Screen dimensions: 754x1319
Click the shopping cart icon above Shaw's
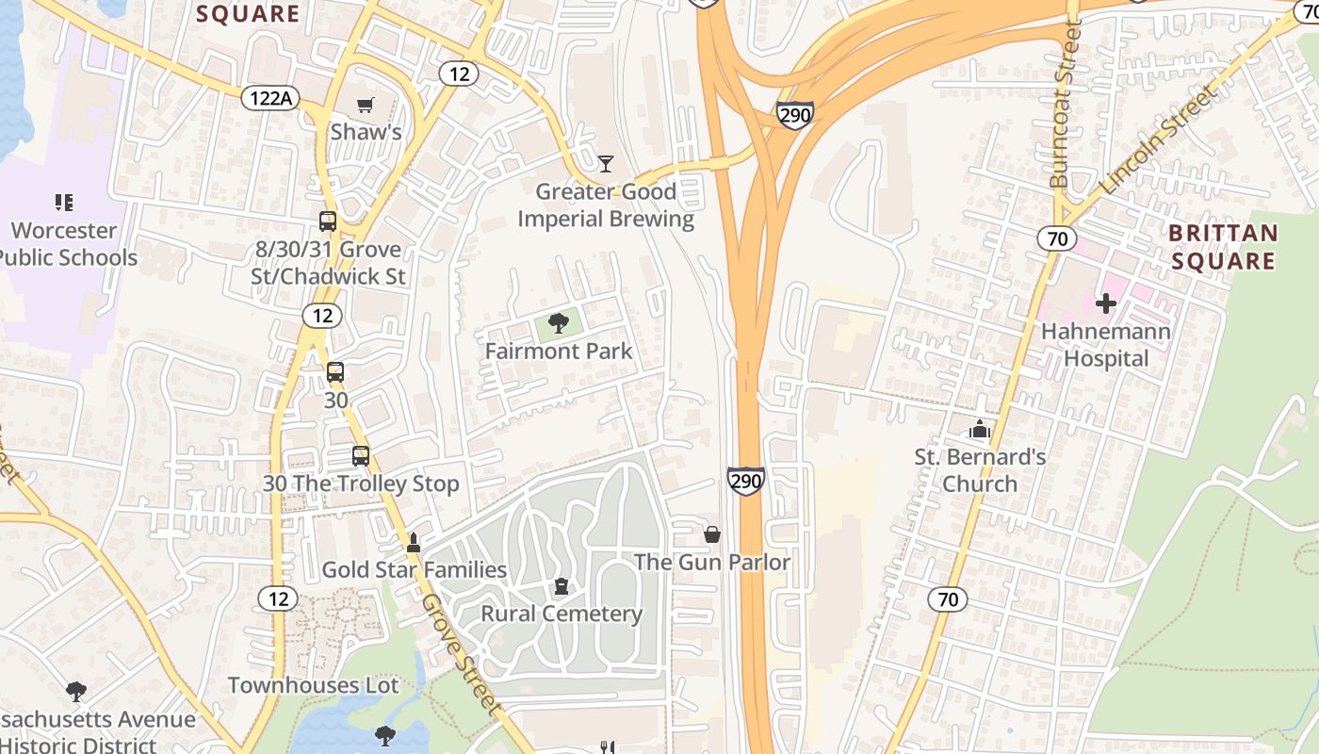pos(365,105)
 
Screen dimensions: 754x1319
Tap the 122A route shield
pos(270,97)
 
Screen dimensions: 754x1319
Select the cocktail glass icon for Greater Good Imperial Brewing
pos(606,164)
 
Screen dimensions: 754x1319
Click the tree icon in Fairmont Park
pos(558,323)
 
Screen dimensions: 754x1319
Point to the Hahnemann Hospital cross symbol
pos(1106,303)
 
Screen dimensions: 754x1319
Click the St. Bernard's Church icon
pos(980,430)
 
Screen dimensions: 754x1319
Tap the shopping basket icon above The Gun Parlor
pos(712,534)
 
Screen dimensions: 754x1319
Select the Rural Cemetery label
pos(562,614)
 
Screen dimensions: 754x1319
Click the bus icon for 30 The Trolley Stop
pos(361,456)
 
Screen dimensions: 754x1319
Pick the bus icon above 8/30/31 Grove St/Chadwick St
pos(328,221)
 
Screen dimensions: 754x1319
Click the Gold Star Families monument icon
pos(413,543)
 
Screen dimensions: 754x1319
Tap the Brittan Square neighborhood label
pos(1224,246)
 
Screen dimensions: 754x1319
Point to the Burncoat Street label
pos(1066,104)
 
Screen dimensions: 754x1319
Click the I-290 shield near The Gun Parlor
pos(745,482)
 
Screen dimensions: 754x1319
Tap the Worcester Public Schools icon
pos(64,202)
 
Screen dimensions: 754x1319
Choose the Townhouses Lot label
pos(313,685)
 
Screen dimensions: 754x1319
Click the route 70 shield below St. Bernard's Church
pos(948,598)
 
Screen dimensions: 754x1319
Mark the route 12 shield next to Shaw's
pos(458,74)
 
